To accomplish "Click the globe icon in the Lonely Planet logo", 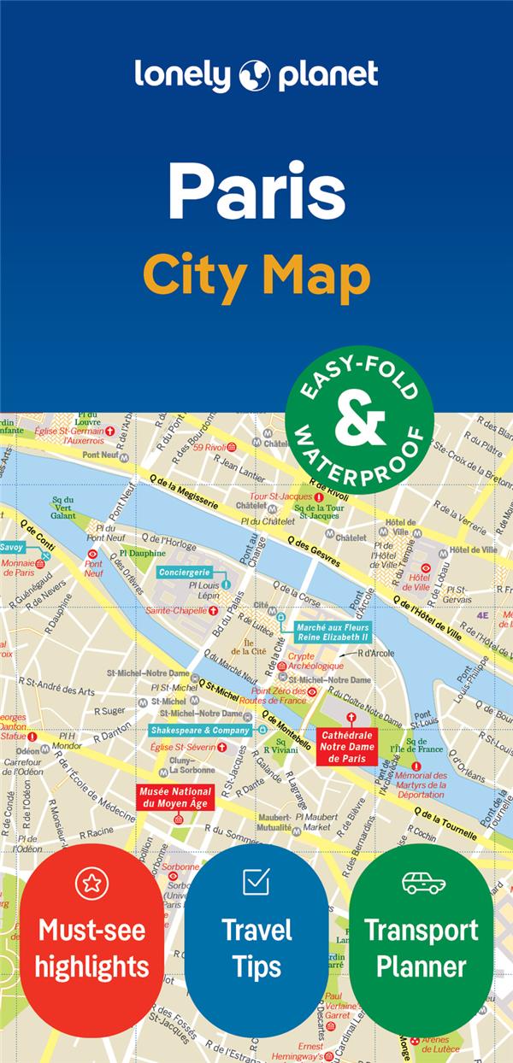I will click(256, 75).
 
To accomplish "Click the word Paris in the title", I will click(256, 191).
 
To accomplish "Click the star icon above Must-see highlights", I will click(91, 882).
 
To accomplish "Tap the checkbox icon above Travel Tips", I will click(256, 881).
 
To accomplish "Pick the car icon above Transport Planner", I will click(423, 882).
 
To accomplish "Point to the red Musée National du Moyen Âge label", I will click(174, 796).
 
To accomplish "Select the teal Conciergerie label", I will click(184, 572).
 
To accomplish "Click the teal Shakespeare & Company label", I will click(200, 731).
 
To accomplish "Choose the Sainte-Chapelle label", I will click(175, 611).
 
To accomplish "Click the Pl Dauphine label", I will click(148, 553).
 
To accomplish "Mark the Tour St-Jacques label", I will click(281, 496).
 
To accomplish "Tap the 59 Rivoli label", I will click(208, 446).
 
